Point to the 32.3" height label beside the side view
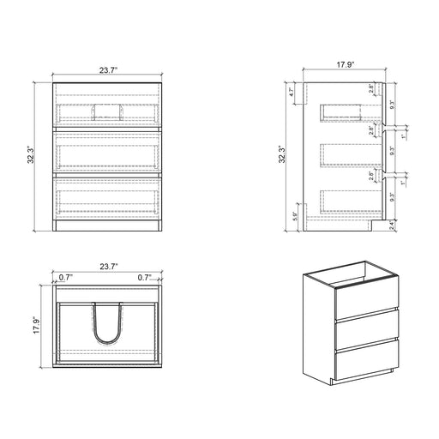pos(283,157)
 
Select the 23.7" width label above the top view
pos(107,267)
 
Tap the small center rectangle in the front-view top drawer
pos(108,109)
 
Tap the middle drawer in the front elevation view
pos(108,152)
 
